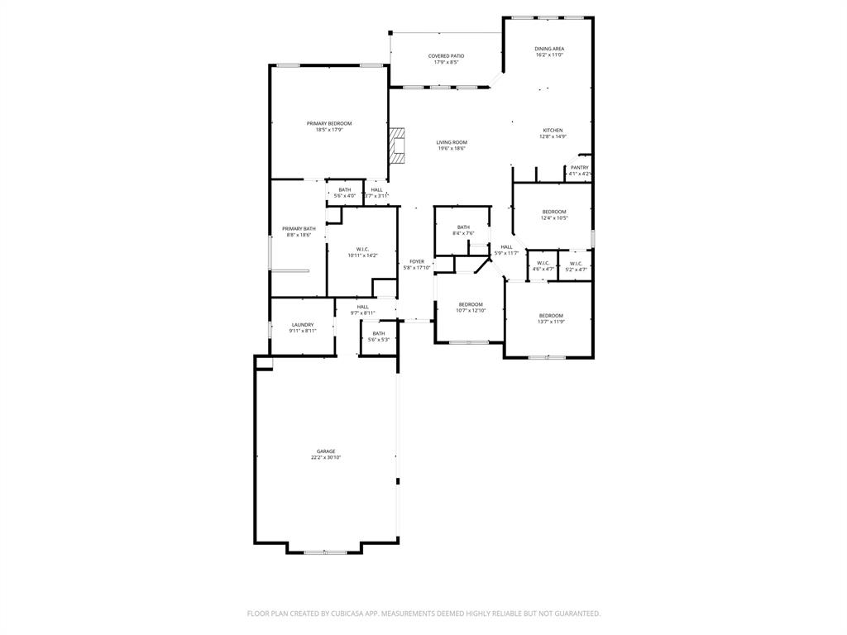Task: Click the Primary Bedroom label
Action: coord(328,123)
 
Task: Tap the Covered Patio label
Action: coord(446,56)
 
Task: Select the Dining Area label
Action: coord(549,49)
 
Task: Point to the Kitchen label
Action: coord(553,131)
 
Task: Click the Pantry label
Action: coord(579,168)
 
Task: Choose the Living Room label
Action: coord(452,142)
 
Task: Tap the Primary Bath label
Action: coord(299,229)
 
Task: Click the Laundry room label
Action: coord(303,325)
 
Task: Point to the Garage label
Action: coord(326,451)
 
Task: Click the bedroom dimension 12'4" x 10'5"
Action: coord(554,218)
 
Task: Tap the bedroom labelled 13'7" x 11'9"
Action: coord(551,316)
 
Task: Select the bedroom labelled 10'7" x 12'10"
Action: coord(471,304)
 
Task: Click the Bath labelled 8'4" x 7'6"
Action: coord(463,227)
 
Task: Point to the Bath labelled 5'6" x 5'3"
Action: coord(379,333)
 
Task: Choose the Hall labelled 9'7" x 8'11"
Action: coord(363,307)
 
